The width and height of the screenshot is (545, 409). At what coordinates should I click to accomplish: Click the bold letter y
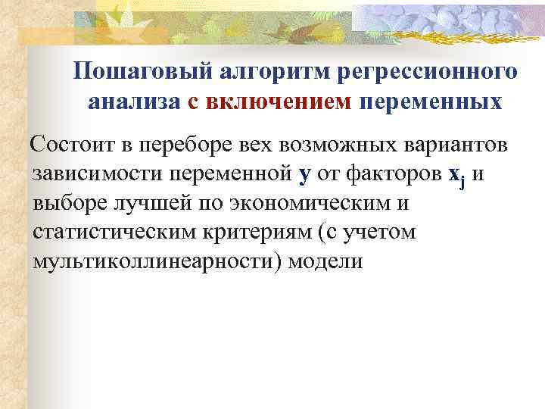point(305,175)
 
